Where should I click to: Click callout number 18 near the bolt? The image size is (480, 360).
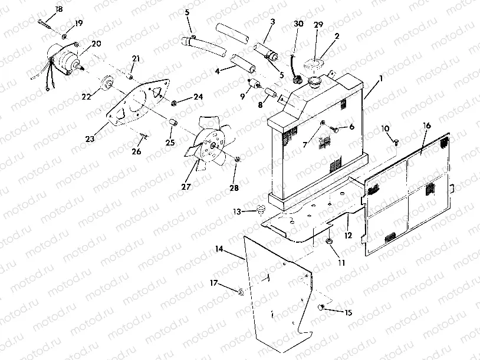(x=58, y=8)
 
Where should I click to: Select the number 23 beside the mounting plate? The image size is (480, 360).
(x=90, y=139)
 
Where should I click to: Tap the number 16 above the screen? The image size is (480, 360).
(x=428, y=125)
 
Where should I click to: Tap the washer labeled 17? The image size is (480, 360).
(x=241, y=292)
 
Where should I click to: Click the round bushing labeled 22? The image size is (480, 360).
(x=108, y=82)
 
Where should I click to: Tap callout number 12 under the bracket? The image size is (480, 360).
(x=349, y=234)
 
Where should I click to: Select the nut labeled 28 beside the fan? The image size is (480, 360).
(x=237, y=159)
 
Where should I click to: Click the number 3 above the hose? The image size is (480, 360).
(x=272, y=22)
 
